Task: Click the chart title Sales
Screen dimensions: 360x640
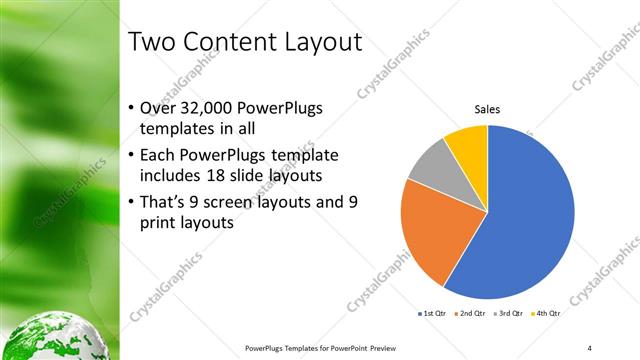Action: pyautogui.click(x=487, y=109)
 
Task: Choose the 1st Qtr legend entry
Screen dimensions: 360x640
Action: pyautogui.click(x=433, y=314)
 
